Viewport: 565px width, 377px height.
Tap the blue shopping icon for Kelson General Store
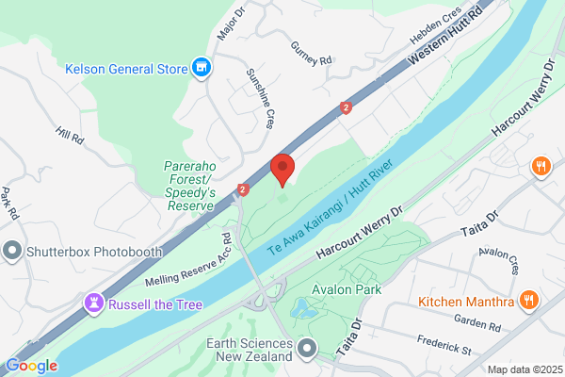click(x=200, y=67)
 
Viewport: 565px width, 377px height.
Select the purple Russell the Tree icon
click(x=93, y=303)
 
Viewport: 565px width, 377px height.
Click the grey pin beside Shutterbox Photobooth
click(x=12, y=251)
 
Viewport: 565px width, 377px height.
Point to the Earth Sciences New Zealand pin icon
click(x=307, y=350)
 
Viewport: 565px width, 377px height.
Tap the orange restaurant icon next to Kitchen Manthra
click(x=529, y=302)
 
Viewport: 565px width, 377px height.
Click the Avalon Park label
click(x=348, y=289)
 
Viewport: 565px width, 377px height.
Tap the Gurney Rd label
click(x=313, y=55)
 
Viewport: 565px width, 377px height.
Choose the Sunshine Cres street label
click(x=259, y=97)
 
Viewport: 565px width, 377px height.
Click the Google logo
click(x=32, y=366)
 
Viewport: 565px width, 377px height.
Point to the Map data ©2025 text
click(x=523, y=369)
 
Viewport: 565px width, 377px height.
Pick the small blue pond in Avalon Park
click(x=304, y=308)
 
